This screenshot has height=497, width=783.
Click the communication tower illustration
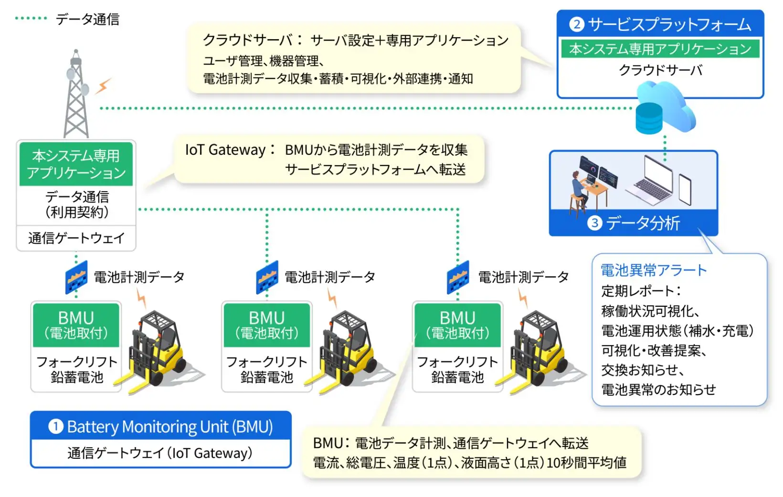76,94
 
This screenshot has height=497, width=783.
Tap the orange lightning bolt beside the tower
103,86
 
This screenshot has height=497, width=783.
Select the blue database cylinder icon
649,119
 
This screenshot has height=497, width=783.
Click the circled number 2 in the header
577,24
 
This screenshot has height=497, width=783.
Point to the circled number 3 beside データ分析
594,223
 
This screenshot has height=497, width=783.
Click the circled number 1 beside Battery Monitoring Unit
55,426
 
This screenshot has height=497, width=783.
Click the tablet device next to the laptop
685,190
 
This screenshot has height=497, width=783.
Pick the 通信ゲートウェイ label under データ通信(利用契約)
76,238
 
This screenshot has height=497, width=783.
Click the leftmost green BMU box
76,325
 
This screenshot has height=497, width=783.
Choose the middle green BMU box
267,325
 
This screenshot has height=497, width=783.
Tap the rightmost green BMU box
457,325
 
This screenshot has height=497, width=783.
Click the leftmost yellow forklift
157,352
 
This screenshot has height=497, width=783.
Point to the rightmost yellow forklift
540,352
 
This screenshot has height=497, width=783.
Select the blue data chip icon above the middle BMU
267,277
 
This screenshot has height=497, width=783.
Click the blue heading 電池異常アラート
654,270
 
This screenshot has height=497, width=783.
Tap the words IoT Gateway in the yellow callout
225,150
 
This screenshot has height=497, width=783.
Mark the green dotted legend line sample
31,18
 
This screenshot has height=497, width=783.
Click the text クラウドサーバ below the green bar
660,70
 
